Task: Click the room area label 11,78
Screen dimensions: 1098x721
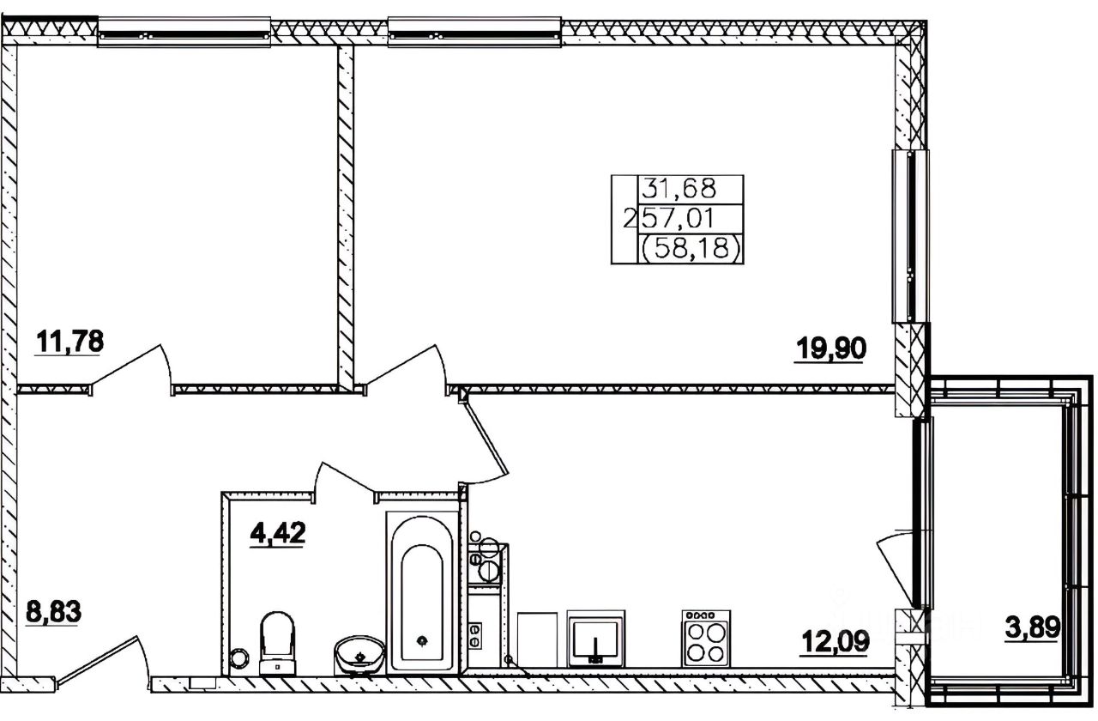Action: tap(69, 342)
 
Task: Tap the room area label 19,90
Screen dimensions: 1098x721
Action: tap(831, 349)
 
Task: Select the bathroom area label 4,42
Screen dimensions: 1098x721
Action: tap(277, 533)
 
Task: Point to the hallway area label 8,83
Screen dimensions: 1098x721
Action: tap(53, 612)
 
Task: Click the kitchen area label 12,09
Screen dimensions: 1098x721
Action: tap(836, 641)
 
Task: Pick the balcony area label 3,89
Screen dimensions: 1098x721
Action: tap(1033, 627)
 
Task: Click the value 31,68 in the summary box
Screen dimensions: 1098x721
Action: tap(679, 189)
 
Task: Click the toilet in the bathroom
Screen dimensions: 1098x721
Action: tap(277, 643)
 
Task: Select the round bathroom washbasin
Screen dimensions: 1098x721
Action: tap(359, 655)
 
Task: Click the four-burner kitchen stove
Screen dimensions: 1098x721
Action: tap(706, 638)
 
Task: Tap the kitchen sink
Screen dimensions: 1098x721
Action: tap(595, 639)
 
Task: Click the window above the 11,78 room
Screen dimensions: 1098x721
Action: tap(184, 33)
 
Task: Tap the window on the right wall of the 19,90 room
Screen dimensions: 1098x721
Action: tap(910, 236)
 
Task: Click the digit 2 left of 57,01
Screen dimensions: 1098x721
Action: tap(630, 219)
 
